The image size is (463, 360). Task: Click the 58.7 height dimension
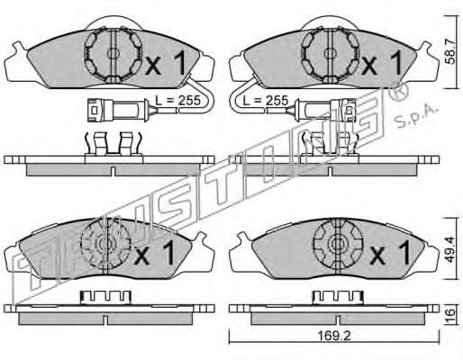pos(450,52)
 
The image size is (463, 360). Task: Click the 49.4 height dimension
pos(450,249)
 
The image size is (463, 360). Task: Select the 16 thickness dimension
pos(450,315)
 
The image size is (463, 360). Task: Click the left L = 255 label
pos(177,101)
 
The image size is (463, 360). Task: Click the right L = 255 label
pos(266,100)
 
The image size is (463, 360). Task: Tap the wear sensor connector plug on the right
pos(326,110)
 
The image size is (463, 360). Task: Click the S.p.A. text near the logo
pos(415,116)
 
